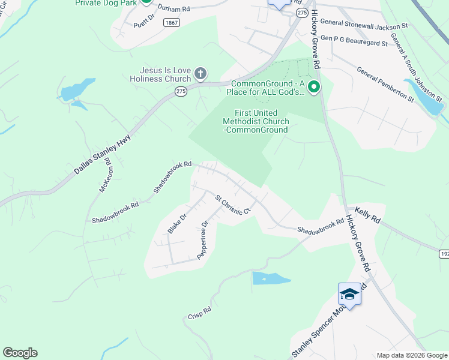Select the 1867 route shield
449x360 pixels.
click(172, 22)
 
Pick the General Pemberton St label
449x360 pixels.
click(385, 83)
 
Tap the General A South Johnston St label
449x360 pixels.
click(416, 67)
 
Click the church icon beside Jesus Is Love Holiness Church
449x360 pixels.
click(200, 74)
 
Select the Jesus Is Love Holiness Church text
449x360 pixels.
click(161, 74)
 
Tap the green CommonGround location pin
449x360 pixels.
click(313, 88)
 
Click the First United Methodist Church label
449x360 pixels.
click(255, 121)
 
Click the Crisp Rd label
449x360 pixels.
click(199, 313)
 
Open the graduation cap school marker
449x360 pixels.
click(349, 294)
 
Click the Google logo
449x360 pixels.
click(20, 353)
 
